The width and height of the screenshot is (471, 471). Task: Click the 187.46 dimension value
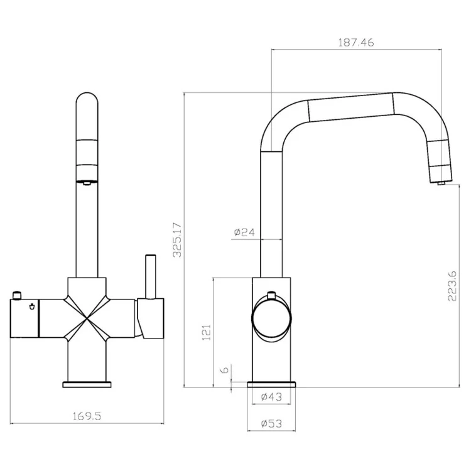356,43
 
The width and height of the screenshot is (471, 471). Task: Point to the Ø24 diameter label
244,232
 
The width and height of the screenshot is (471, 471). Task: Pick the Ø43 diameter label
271,396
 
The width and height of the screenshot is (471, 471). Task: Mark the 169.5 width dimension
87,415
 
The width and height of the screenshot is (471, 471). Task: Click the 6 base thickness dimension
224,371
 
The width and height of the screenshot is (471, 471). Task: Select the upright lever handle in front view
150,276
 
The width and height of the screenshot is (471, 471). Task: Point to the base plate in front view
87,384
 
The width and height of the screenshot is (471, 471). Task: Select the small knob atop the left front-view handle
19,295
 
